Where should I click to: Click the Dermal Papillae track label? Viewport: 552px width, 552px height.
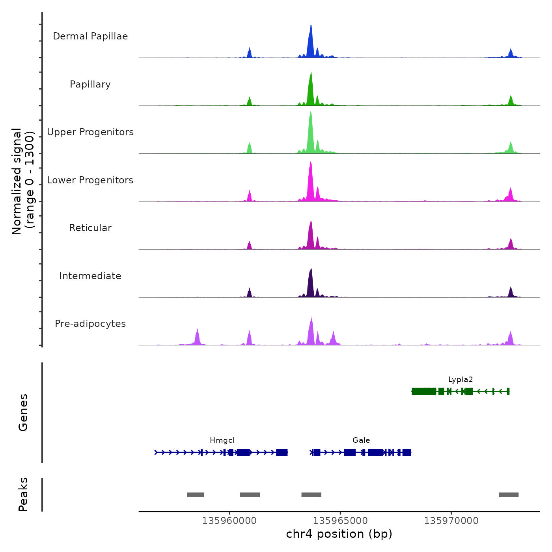coord(90,36)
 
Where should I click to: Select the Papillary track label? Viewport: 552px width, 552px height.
coord(90,84)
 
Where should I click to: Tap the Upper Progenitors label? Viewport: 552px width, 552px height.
coord(90,132)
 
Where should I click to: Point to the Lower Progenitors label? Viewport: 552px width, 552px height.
coord(90,180)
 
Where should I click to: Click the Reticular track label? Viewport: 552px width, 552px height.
coord(90,228)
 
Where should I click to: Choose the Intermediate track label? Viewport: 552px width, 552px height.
coord(90,276)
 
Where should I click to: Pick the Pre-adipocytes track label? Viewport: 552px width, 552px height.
coord(90,324)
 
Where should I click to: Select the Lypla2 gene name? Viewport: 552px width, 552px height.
coord(460,380)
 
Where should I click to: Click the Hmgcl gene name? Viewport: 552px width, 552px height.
coord(222,440)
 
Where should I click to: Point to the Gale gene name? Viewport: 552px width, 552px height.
coord(361,440)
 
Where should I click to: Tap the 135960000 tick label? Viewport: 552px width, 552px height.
coord(229,521)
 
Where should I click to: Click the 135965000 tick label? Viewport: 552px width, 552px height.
coord(340,521)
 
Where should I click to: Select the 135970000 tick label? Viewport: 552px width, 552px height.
coord(451,521)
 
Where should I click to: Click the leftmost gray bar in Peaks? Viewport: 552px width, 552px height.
coord(196,495)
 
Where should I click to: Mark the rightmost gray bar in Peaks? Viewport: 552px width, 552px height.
coord(509,495)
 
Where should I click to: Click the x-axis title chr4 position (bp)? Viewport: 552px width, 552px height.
coord(339,534)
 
